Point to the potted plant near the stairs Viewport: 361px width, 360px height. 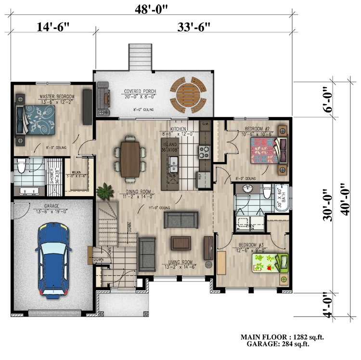104,192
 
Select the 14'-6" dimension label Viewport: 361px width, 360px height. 53,27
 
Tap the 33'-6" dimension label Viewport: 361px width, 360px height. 193,27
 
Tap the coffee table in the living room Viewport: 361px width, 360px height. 181,242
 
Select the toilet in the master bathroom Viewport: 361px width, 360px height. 21,167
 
